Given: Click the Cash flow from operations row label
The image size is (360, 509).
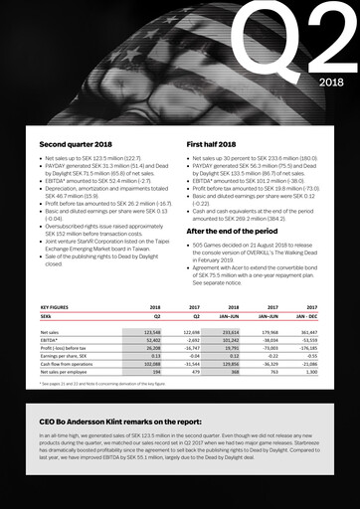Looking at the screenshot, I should click(x=66, y=365).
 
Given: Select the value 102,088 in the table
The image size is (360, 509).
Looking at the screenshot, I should click(x=148, y=365).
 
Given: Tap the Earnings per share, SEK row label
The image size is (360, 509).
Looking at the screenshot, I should click(x=64, y=357).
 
